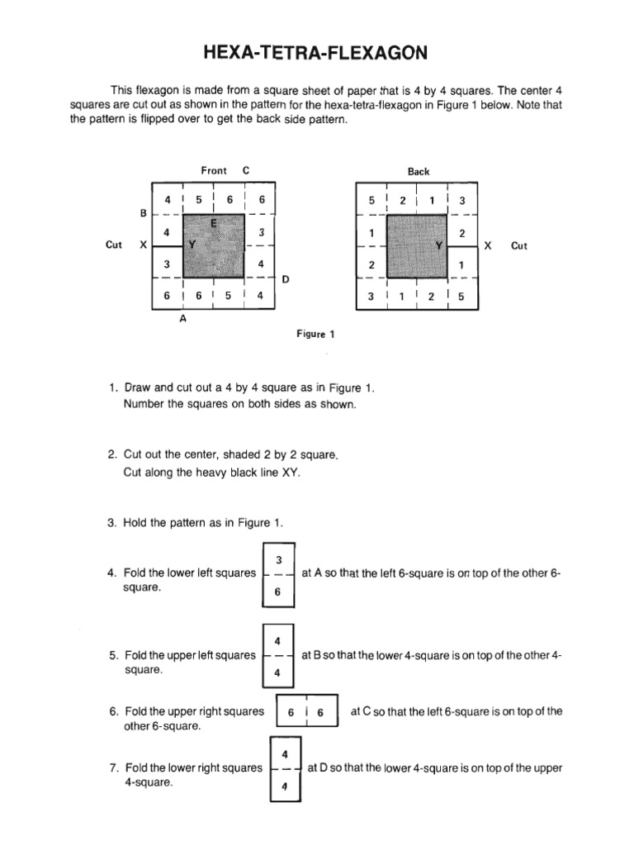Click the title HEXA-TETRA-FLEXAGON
pyautogui.click(x=316, y=54)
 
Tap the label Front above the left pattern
pyautogui.click(x=214, y=170)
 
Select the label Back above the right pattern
pyautogui.click(x=419, y=171)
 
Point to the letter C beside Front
pyautogui.click(x=245, y=170)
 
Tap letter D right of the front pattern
pyautogui.click(x=286, y=278)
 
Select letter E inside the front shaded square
pyautogui.click(x=213, y=223)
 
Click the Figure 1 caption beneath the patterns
pyautogui.click(x=315, y=335)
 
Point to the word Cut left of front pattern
pyautogui.click(x=114, y=245)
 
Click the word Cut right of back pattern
pyautogui.click(x=519, y=245)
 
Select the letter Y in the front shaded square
pyautogui.click(x=192, y=245)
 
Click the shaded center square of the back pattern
pyautogui.click(x=417, y=246)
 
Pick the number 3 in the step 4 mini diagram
pyautogui.click(x=278, y=559)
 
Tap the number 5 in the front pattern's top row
pyautogui.click(x=198, y=199)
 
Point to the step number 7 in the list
pyautogui.click(x=113, y=768)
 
